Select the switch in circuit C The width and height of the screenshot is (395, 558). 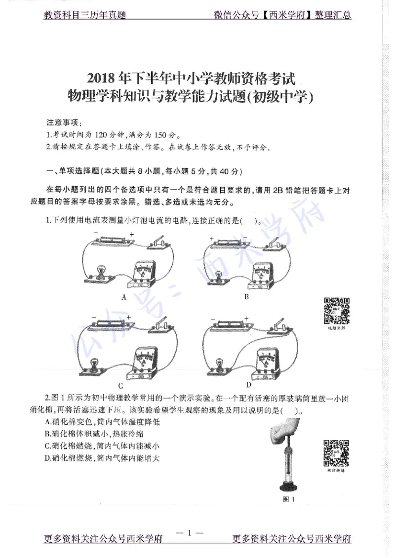(x=159, y=325)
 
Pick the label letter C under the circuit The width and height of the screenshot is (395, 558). (x=120, y=386)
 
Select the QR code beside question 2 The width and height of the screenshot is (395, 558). (x=336, y=453)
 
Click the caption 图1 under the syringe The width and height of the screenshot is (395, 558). (x=288, y=499)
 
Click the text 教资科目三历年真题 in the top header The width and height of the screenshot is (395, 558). (x=84, y=15)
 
